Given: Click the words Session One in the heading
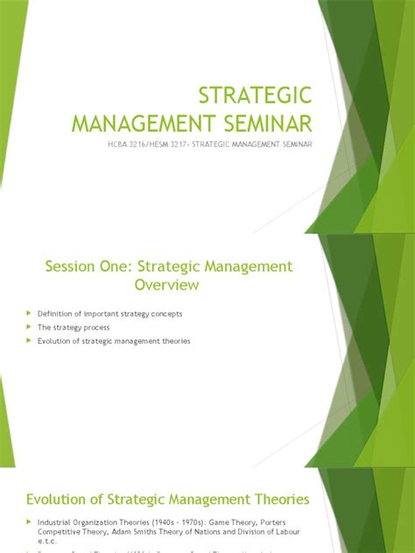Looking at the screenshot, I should (x=79, y=266).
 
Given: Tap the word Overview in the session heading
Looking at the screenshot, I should (x=166, y=285).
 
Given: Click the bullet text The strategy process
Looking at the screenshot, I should (x=74, y=327).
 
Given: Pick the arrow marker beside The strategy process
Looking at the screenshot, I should (x=29, y=327).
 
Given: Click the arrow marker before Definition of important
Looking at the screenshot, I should (x=29, y=313).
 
